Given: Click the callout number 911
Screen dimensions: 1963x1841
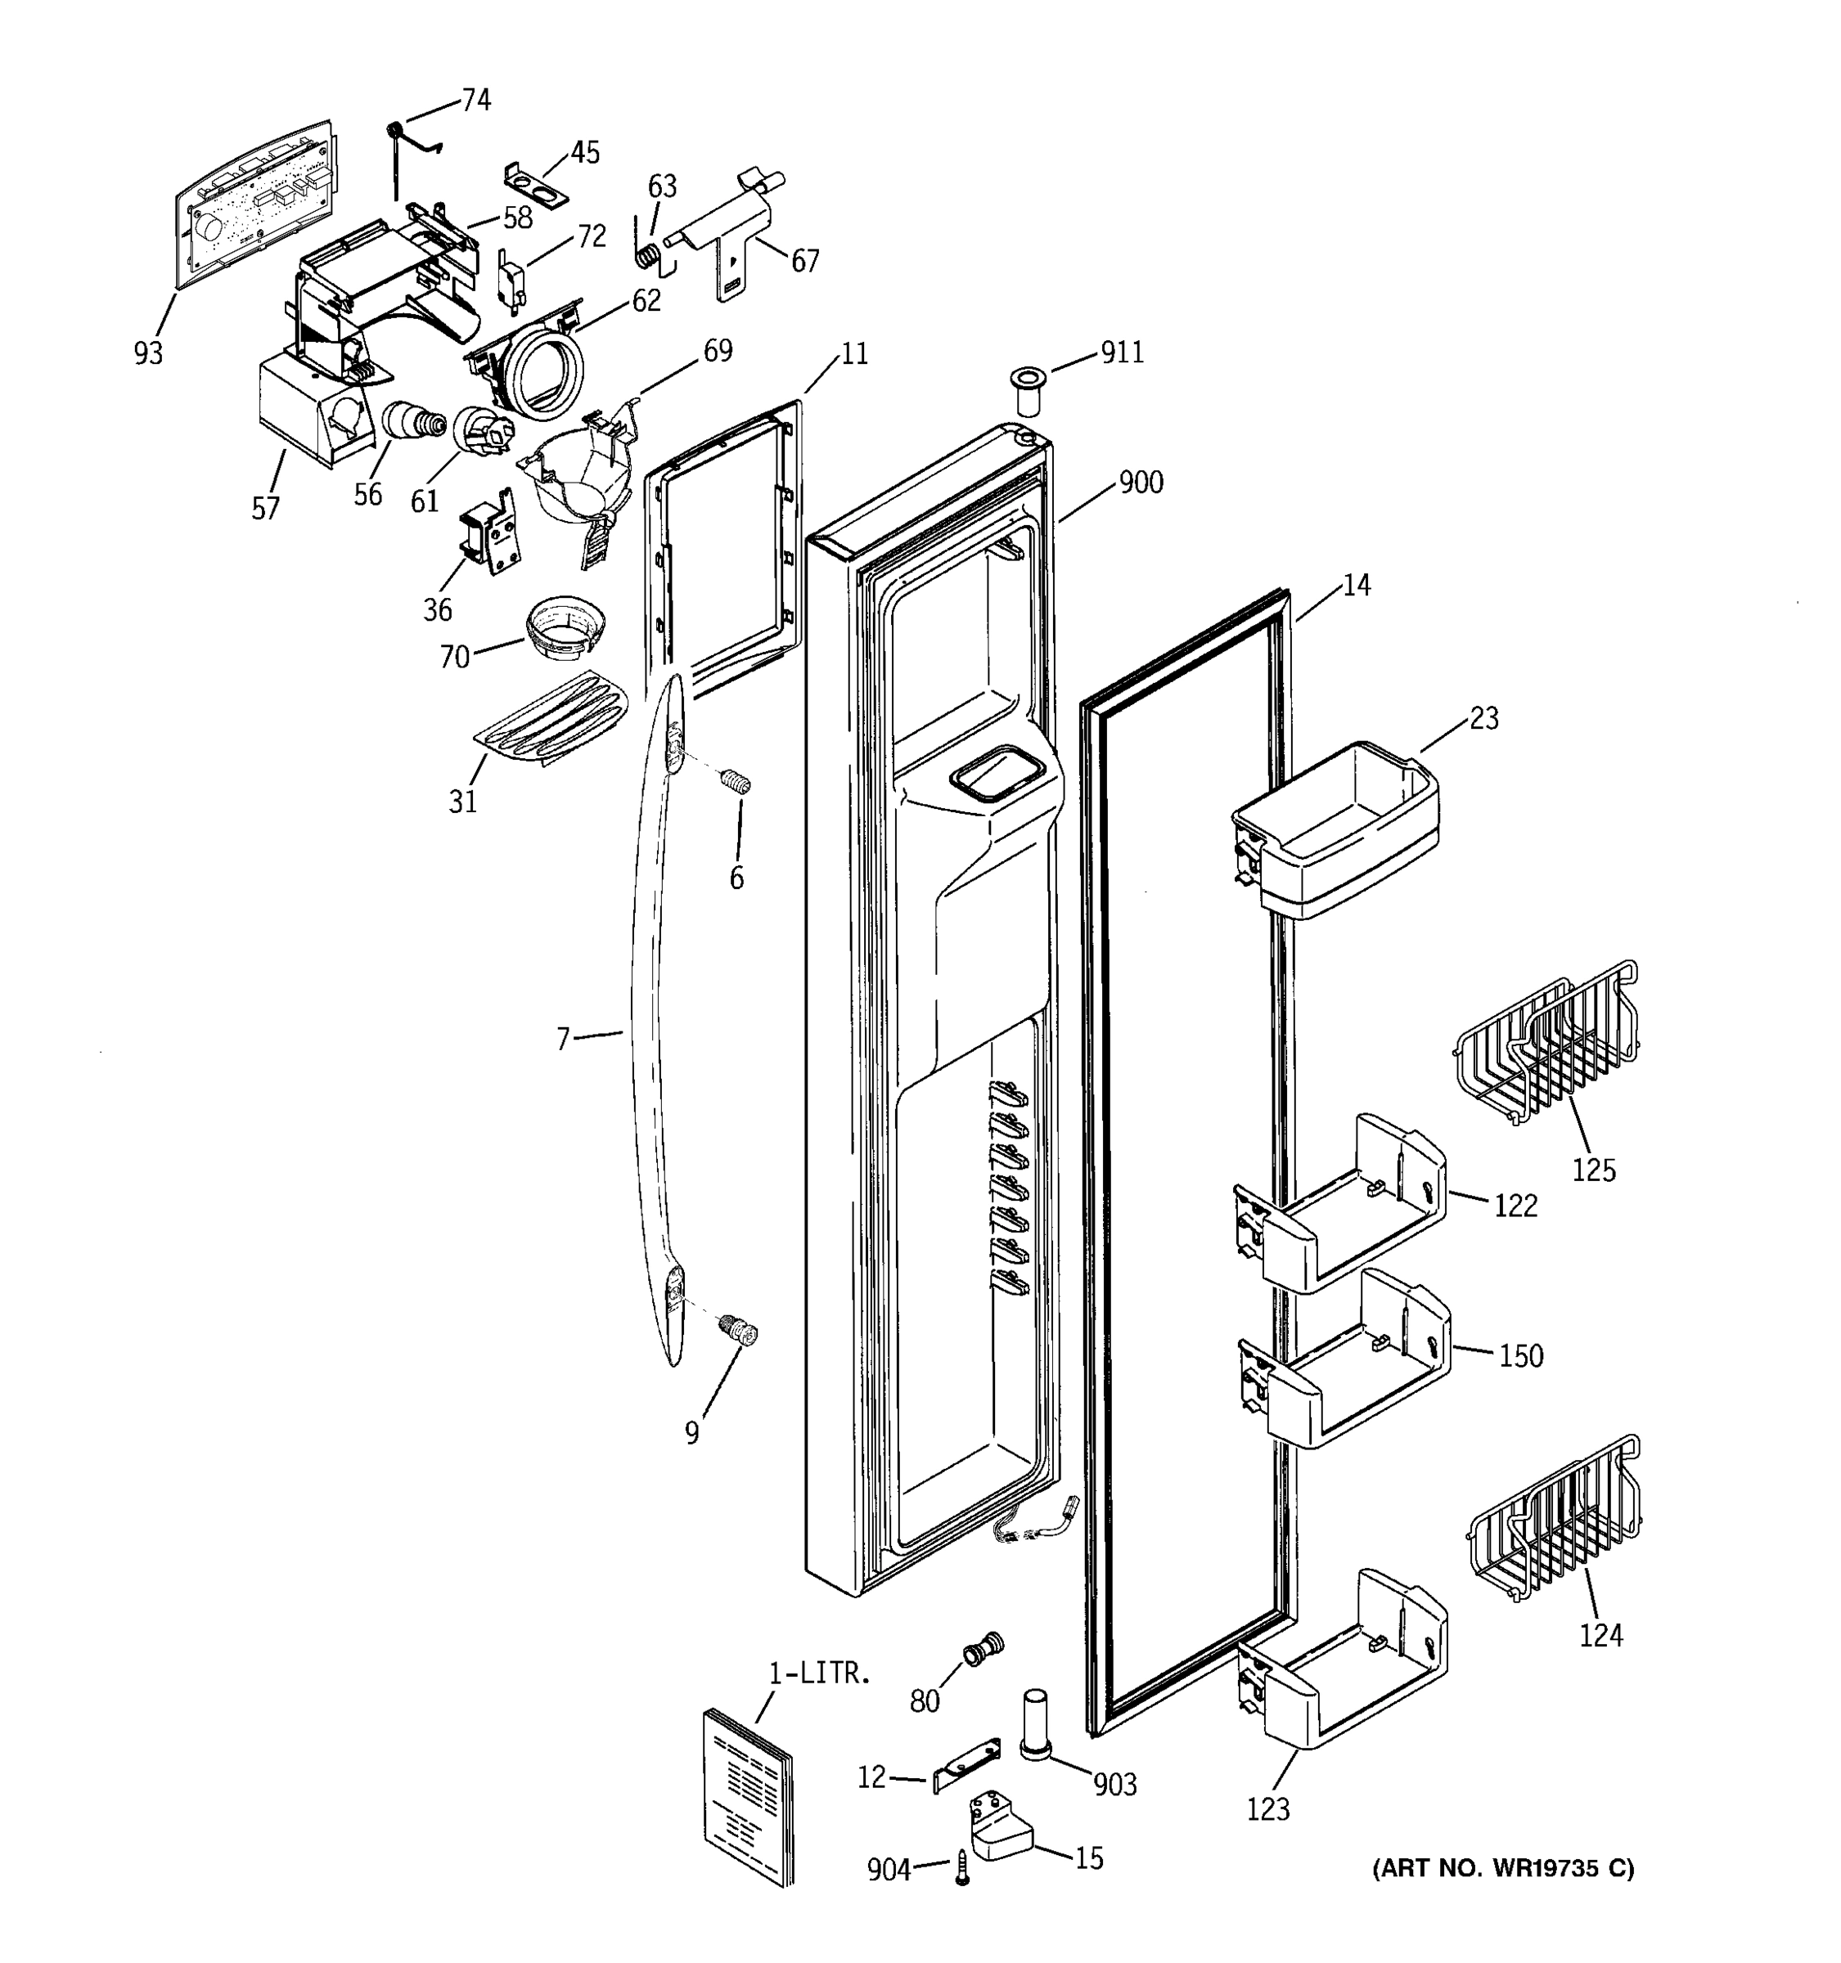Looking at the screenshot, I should [x=1122, y=353].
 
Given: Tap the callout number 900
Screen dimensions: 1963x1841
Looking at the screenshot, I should [x=1140, y=483].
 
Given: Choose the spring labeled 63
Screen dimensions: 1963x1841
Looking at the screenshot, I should [x=648, y=254].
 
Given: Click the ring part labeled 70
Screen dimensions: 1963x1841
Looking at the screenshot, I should [x=565, y=623].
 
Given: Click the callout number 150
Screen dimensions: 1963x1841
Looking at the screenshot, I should [x=1520, y=1357].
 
